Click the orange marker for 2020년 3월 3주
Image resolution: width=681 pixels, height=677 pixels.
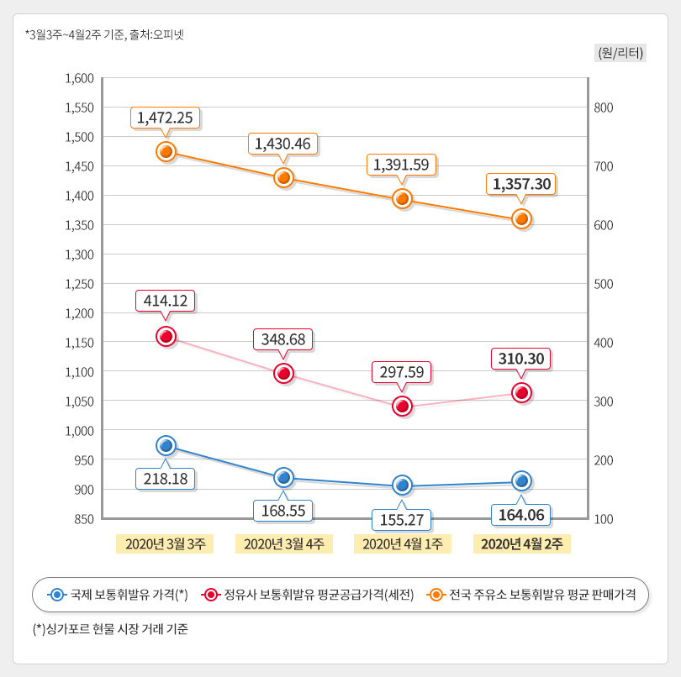[166, 151]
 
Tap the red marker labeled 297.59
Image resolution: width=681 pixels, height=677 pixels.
[403, 407]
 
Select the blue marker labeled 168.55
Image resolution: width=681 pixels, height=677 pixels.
[284, 478]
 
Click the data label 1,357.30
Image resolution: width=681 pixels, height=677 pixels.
[521, 183]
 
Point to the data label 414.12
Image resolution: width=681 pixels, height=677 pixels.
[166, 301]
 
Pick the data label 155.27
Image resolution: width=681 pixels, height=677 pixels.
[403, 519]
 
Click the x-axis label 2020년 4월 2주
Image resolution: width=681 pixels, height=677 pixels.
[521, 543]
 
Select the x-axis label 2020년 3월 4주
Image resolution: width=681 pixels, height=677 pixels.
[284, 543]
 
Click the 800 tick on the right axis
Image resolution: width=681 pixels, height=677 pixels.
[604, 108]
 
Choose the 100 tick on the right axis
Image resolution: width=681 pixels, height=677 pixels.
[604, 519]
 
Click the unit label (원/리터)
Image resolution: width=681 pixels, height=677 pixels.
[620, 52]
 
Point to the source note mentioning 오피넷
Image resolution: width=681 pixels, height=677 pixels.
[105, 34]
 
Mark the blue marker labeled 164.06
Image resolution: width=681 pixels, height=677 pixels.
[521, 480]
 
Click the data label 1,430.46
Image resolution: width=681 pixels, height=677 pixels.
[284, 144]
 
